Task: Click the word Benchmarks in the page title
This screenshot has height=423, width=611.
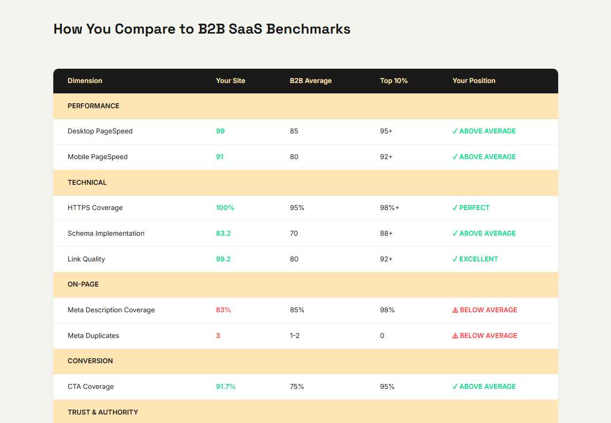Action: pyautogui.click(x=308, y=29)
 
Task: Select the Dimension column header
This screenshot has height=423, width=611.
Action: pyautogui.click(x=85, y=81)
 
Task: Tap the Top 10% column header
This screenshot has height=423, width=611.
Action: pyautogui.click(x=394, y=81)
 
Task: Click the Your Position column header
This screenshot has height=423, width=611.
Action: pyautogui.click(x=474, y=81)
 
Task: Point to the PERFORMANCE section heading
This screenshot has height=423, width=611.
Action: pyautogui.click(x=93, y=106)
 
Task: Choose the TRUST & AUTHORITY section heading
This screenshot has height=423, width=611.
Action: pyautogui.click(x=103, y=412)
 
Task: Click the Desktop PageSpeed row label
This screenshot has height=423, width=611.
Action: pyautogui.click(x=100, y=131)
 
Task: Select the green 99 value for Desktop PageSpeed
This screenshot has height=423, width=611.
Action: pyautogui.click(x=220, y=131)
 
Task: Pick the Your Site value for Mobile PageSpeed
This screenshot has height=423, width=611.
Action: pyautogui.click(x=220, y=157)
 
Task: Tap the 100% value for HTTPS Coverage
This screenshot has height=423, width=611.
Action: pyautogui.click(x=225, y=208)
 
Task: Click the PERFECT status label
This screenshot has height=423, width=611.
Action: pyautogui.click(x=474, y=208)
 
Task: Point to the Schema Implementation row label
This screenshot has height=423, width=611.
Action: pyautogui.click(x=106, y=233)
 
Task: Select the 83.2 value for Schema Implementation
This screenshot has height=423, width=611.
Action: pyautogui.click(x=223, y=233)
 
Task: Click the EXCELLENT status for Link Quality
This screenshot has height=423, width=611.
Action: pyautogui.click(x=479, y=259)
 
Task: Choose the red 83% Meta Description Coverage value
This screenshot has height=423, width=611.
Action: pyautogui.click(x=224, y=310)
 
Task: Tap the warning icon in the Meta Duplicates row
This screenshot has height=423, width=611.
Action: pyautogui.click(x=455, y=336)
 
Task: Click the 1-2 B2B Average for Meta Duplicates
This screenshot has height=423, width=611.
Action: pyautogui.click(x=295, y=336)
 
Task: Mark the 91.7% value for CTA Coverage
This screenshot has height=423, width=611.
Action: pyautogui.click(x=226, y=386)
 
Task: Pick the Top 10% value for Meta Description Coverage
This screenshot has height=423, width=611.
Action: pyautogui.click(x=387, y=310)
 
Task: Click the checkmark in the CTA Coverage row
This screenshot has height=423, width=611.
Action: pyautogui.click(x=455, y=386)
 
